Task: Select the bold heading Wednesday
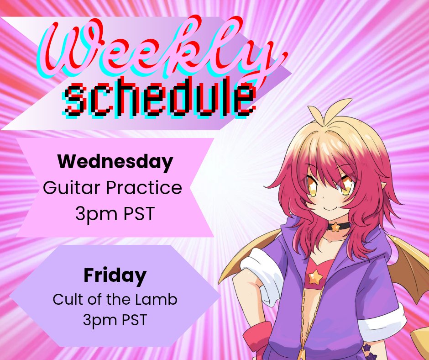pos(115,161)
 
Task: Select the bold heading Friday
pos(115,275)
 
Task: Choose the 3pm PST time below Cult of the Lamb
pos(115,320)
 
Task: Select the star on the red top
pos(315,276)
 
